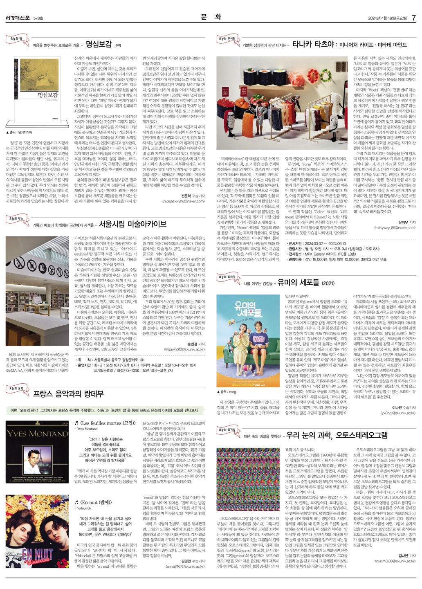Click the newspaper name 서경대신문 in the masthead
click(18, 18)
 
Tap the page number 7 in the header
click(413, 18)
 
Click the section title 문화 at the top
click(211, 17)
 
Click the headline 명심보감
click(99, 44)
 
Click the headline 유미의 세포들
click(298, 282)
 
